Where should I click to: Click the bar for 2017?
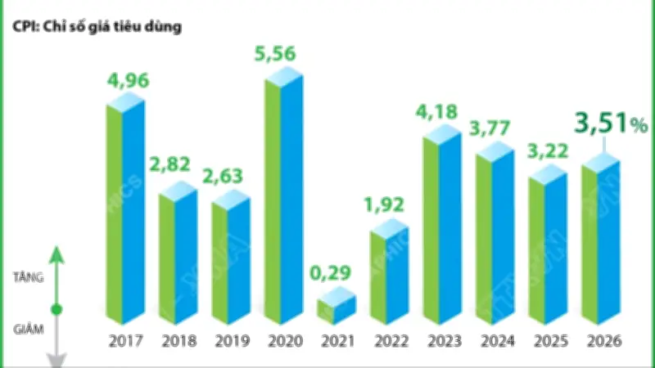tap(124, 213)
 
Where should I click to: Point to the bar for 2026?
tap(601, 241)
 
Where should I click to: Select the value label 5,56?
tap(283, 56)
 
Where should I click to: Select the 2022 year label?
tap(390, 341)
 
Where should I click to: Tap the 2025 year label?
tap(548, 341)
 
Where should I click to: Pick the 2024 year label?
tap(495, 341)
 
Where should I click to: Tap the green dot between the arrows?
tap(56, 310)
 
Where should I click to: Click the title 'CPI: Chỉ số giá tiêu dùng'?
tap(97, 25)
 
